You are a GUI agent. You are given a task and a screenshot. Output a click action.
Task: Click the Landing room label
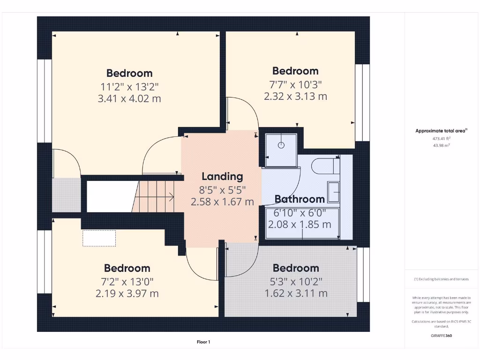(x=222, y=176)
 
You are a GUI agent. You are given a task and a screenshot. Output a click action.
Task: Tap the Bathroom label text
(x=300, y=199)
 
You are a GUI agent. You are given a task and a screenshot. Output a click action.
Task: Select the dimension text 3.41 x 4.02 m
(x=129, y=98)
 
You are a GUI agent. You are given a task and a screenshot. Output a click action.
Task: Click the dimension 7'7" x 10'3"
(x=295, y=84)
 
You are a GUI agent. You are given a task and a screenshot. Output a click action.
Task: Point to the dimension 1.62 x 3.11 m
(x=296, y=293)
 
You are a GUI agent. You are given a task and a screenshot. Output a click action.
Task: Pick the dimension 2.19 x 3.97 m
(x=127, y=293)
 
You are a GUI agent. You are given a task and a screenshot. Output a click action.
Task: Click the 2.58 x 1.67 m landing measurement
(x=222, y=202)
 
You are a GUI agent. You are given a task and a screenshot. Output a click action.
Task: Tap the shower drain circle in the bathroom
(x=281, y=145)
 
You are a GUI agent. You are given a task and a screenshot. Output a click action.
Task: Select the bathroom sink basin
(x=334, y=192)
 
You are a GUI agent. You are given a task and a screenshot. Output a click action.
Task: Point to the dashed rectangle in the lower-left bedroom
(x=99, y=238)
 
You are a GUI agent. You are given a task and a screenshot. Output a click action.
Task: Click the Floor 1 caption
(x=203, y=342)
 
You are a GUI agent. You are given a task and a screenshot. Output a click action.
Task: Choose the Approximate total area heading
(x=440, y=131)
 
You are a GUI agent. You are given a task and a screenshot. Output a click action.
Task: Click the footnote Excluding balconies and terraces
(x=440, y=279)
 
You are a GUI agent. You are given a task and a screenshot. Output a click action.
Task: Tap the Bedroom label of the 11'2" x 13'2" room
(x=129, y=73)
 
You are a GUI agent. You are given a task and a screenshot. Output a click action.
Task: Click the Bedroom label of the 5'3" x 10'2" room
(x=296, y=268)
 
